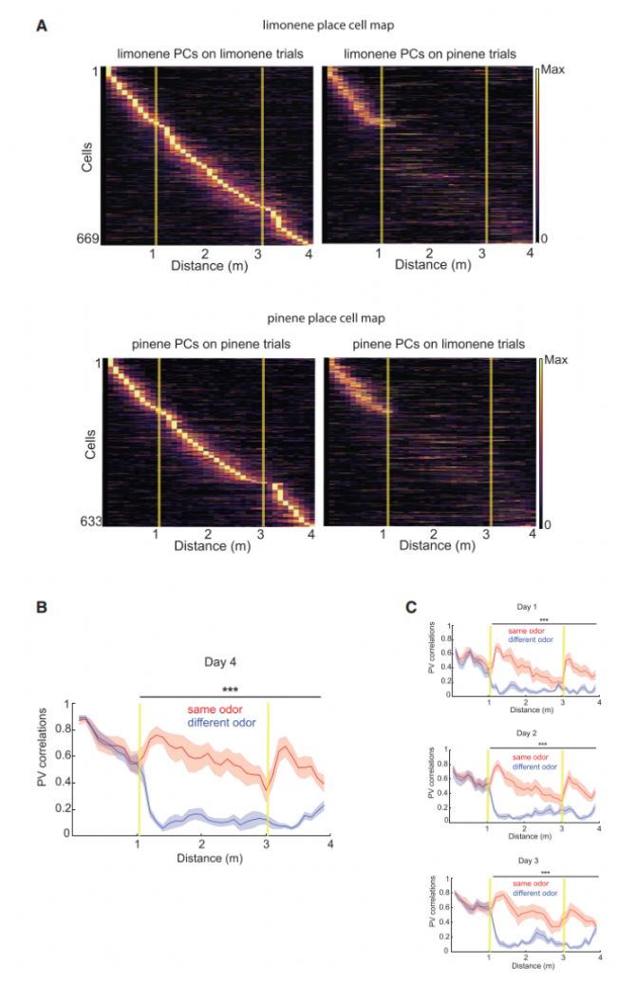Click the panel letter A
41,27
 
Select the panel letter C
411,604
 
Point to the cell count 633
88,521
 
